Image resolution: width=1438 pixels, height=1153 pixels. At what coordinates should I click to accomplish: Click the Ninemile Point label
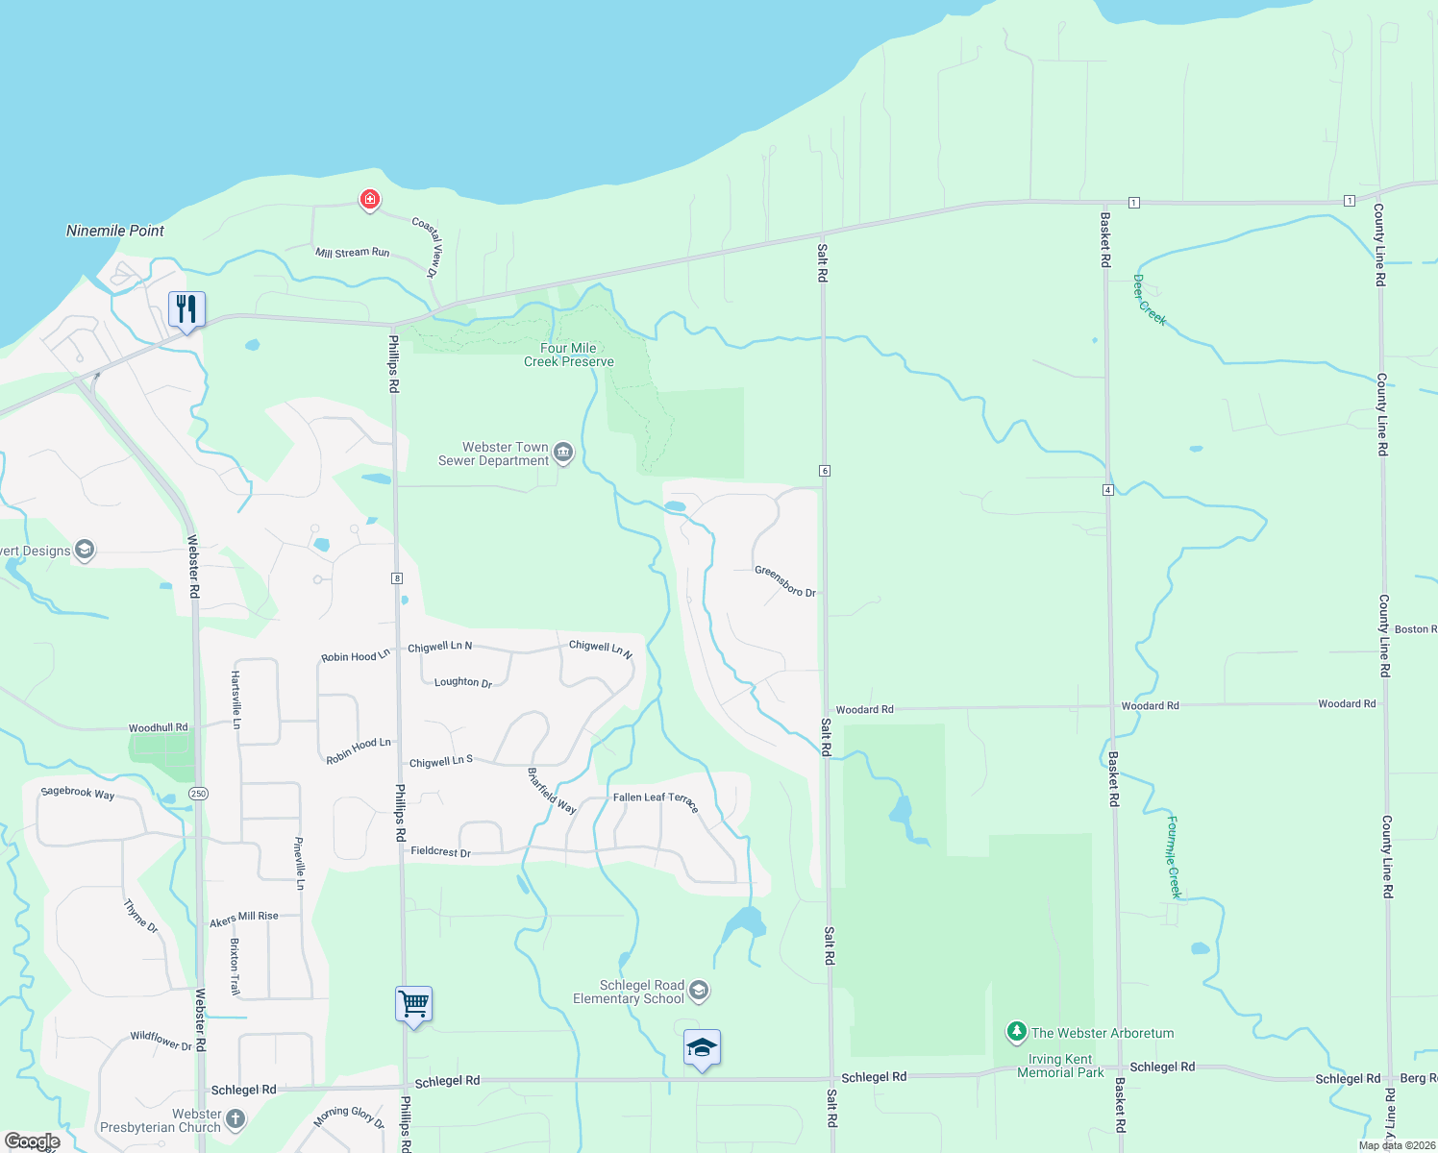115,231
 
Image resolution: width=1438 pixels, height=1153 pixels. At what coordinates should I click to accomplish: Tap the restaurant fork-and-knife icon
186,309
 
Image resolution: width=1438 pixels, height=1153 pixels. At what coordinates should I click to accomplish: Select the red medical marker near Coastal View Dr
369,200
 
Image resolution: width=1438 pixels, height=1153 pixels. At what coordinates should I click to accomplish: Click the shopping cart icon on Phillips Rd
413,1004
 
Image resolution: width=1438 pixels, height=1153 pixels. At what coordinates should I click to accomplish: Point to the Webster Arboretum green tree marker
1016,1033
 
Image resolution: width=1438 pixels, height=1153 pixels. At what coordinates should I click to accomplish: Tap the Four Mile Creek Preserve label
569,355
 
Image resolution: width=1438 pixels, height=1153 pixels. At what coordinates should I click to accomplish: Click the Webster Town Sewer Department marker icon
563,453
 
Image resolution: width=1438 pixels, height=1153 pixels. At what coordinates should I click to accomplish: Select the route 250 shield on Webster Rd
198,794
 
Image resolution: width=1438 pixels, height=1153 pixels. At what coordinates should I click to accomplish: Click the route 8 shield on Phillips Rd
396,578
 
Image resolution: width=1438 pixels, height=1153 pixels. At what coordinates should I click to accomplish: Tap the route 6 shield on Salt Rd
824,471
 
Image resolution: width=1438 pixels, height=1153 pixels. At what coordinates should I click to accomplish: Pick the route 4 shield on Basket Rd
1108,490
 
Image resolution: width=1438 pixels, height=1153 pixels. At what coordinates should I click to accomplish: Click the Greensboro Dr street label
784,581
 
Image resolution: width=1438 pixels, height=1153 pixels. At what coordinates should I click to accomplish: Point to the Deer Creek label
1149,301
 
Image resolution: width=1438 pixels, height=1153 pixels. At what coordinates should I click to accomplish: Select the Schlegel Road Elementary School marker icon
700,991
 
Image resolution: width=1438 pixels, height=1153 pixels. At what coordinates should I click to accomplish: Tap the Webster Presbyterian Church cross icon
236,1119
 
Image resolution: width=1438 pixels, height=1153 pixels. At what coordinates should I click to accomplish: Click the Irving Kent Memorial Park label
1060,1066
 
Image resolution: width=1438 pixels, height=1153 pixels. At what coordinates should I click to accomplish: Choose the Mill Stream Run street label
353,253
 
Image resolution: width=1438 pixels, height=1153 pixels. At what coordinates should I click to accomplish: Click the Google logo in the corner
32,1141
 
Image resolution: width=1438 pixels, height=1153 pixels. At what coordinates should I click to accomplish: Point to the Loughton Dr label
463,682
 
